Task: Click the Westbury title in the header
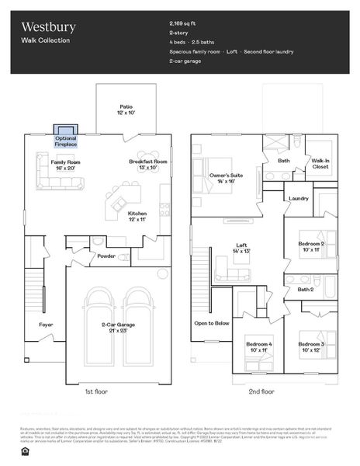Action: (x=48, y=27)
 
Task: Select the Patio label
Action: (x=126, y=110)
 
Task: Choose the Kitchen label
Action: (x=137, y=216)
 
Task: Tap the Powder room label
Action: (x=106, y=256)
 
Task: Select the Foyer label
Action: (x=47, y=325)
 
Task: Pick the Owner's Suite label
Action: (x=227, y=178)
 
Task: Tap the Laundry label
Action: (x=299, y=198)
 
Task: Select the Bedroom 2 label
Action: (x=311, y=247)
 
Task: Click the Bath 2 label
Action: (x=305, y=290)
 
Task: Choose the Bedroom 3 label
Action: (x=311, y=346)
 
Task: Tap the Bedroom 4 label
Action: (x=258, y=346)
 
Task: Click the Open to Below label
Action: (x=212, y=322)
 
